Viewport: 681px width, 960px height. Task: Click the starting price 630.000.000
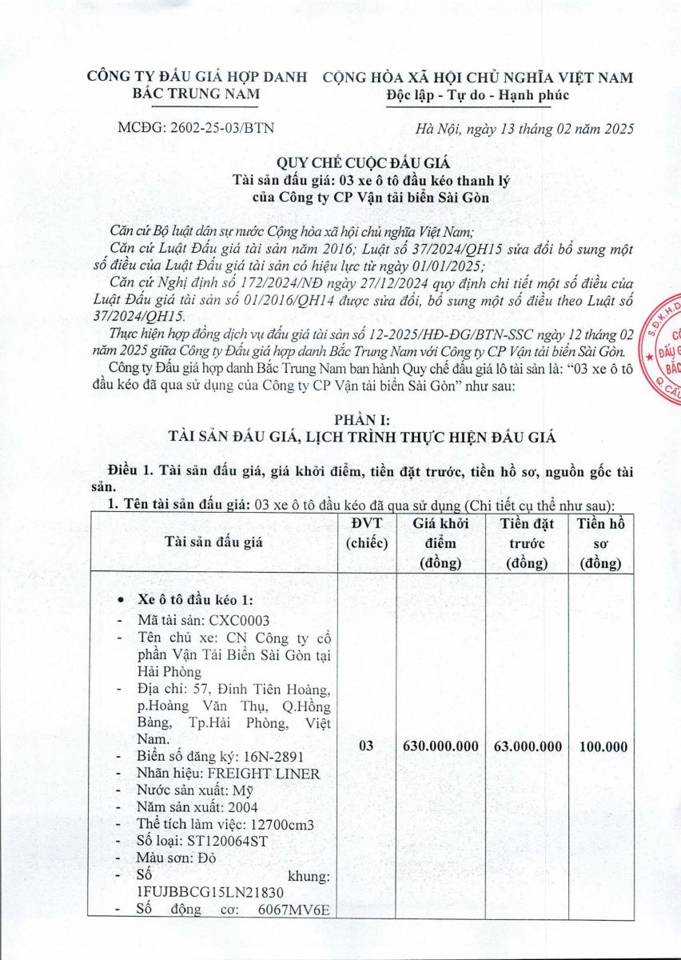(x=442, y=746)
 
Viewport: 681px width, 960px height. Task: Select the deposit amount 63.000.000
(x=528, y=746)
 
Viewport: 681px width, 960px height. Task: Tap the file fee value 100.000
(x=601, y=746)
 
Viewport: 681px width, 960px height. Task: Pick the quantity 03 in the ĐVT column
(x=367, y=746)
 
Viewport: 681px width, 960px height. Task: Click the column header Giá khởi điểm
(x=442, y=542)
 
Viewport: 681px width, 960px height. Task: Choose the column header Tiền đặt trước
(x=528, y=542)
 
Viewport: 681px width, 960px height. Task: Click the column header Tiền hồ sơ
(x=601, y=542)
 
